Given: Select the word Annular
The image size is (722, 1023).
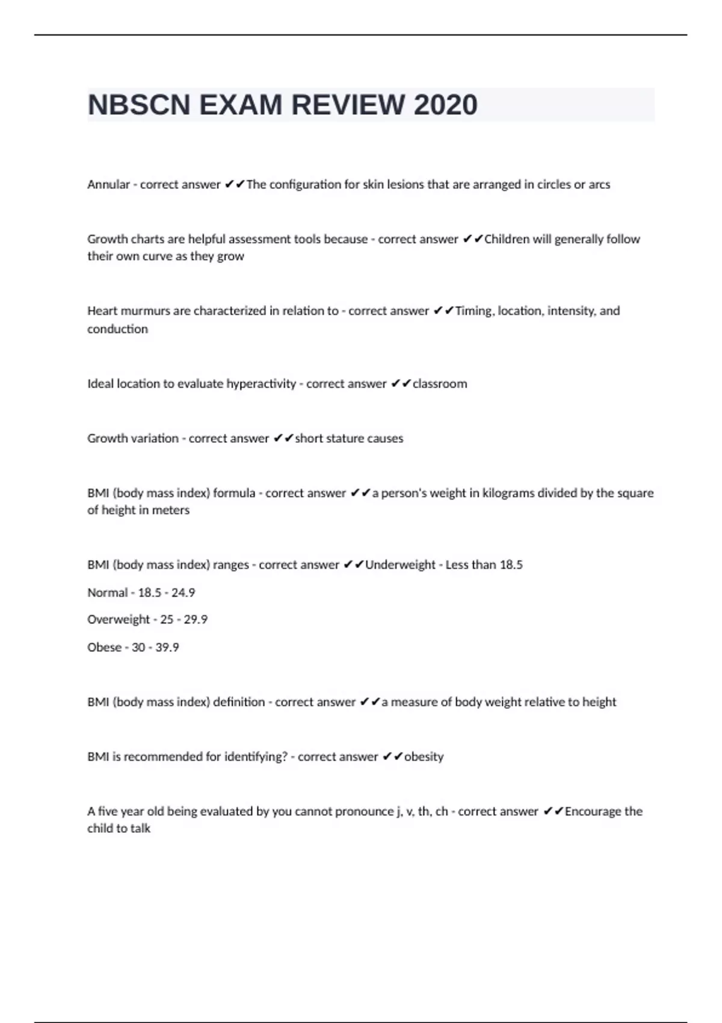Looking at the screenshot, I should [108, 185].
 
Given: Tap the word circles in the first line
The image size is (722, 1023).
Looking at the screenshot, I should [553, 185].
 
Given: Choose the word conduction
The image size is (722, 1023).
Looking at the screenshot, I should [117, 329].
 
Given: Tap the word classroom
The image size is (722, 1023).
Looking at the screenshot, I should [440, 384].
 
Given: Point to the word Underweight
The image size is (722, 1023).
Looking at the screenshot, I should [400, 565].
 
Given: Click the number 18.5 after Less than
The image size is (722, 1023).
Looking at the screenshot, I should [511, 565].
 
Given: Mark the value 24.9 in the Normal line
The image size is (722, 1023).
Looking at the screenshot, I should [183, 593].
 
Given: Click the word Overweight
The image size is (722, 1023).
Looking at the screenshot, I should [119, 620].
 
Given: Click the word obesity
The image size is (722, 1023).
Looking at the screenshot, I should [424, 757].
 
